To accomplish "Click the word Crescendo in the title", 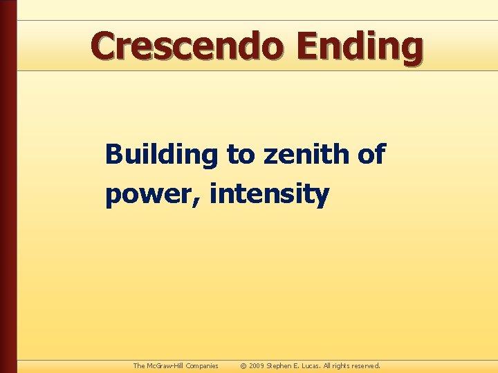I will [187, 46].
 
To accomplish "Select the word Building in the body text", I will [161, 155].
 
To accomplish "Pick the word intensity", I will [269, 195].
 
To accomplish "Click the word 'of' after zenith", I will [371, 155].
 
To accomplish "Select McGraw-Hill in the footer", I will [166, 366].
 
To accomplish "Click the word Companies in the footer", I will [201, 366].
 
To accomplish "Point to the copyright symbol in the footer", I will [243, 366].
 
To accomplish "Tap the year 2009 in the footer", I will [257, 366].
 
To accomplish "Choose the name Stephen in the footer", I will [283, 366].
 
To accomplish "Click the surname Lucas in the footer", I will [311, 366].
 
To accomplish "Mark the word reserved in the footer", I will [365, 366].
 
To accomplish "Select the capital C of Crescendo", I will [104, 46].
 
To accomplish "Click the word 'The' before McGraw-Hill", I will [139, 366].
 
